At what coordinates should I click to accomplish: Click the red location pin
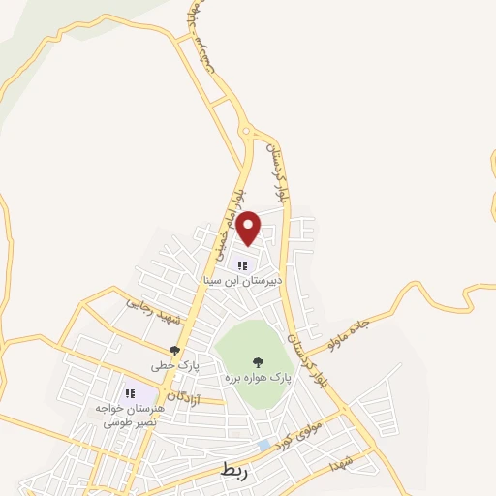[x=248, y=227]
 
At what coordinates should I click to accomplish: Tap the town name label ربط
[x=234, y=471]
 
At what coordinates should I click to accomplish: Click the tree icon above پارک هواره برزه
[x=258, y=358]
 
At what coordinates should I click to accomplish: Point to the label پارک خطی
[x=174, y=366]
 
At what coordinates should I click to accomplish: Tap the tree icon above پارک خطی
[x=174, y=351]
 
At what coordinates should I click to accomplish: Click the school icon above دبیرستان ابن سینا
[x=242, y=265]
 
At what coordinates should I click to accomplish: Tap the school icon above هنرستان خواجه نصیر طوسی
[x=130, y=393]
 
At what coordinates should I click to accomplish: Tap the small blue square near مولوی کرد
[x=264, y=445]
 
